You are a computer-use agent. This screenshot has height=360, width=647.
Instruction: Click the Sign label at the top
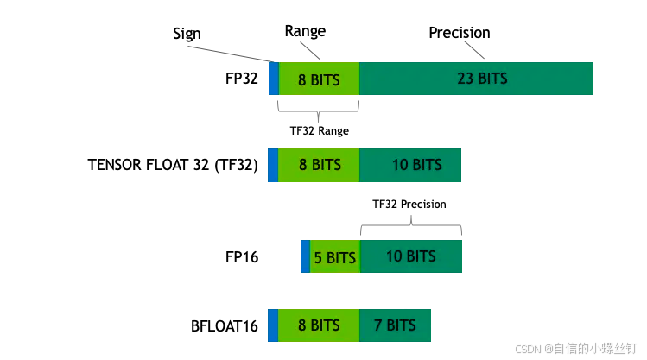pyautogui.click(x=187, y=34)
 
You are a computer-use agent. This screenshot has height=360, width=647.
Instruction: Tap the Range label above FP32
pyautogui.click(x=305, y=31)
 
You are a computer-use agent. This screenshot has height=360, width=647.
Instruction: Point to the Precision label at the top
pyautogui.click(x=460, y=33)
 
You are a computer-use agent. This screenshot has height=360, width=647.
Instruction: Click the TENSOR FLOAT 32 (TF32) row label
pyautogui.click(x=173, y=165)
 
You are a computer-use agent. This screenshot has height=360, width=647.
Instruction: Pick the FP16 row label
pyautogui.click(x=241, y=257)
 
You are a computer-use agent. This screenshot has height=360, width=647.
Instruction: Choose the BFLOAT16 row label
pyautogui.click(x=225, y=326)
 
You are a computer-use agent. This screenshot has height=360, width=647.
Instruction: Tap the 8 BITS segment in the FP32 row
pyautogui.click(x=319, y=79)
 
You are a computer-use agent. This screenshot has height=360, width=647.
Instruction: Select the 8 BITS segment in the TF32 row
pyautogui.click(x=319, y=165)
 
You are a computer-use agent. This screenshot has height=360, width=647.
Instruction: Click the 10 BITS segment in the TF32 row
pyautogui.click(x=410, y=165)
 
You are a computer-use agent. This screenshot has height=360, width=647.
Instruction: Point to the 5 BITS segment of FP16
pyautogui.click(x=334, y=257)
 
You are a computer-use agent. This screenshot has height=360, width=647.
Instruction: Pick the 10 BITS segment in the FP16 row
pyautogui.click(x=411, y=256)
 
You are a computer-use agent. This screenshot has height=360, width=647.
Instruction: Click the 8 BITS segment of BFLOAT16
pyautogui.click(x=318, y=325)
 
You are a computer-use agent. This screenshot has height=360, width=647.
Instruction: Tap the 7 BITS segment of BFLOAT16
pyautogui.click(x=395, y=325)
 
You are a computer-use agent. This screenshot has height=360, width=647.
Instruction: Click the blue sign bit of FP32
pyautogui.click(x=274, y=79)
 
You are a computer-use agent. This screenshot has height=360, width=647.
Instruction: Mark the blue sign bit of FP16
pyautogui.click(x=305, y=257)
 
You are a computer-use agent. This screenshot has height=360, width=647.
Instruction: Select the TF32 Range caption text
pyautogui.click(x=319, y=132)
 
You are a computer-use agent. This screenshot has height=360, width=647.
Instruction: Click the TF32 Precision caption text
pyautogui.click(x=409, y=205)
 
